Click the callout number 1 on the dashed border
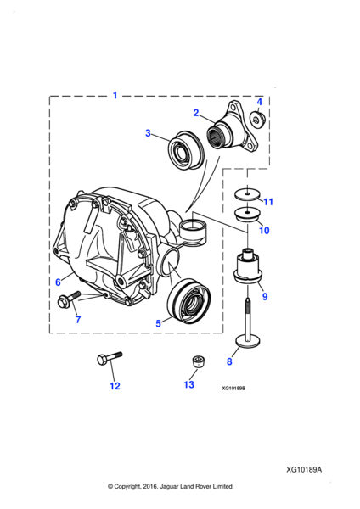click(x=115, y=95)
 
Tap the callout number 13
click(x=188, y=384)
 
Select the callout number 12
click(x=115, y=386)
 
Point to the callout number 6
click(x=58, y=282)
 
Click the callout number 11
click(x=268, y=202)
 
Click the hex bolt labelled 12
click(x=110, y=358)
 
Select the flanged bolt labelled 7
click(x=69, y=299)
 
